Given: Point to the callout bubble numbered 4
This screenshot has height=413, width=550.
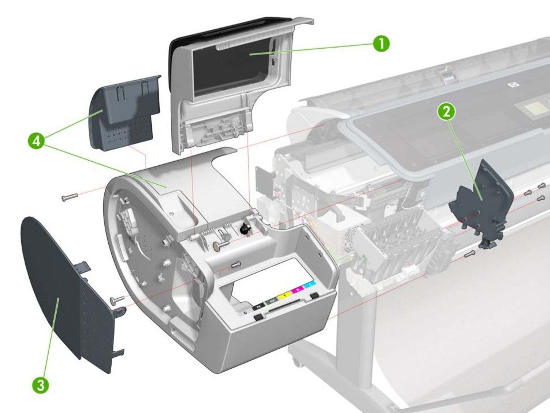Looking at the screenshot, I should click(36, 141).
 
